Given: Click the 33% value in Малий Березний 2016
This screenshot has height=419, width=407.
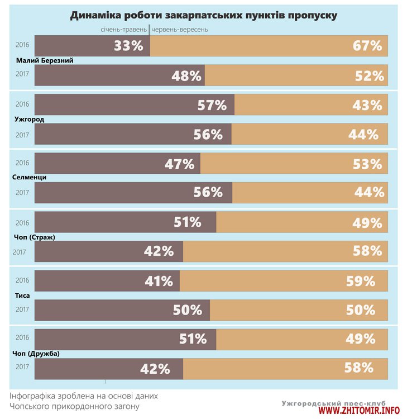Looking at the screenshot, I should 129,46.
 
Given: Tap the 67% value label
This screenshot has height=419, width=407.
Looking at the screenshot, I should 367,46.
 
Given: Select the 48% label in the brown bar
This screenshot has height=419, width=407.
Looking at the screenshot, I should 186,75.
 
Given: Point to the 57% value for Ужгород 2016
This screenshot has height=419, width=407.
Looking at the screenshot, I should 212,105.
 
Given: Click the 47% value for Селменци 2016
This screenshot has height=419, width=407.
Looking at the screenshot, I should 179,164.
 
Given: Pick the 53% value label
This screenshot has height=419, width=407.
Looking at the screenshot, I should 367,164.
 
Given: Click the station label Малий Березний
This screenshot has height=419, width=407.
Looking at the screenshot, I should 45,60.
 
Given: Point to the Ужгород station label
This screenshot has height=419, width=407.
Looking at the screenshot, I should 29,120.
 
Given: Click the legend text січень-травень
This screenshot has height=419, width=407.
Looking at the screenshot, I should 124,29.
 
